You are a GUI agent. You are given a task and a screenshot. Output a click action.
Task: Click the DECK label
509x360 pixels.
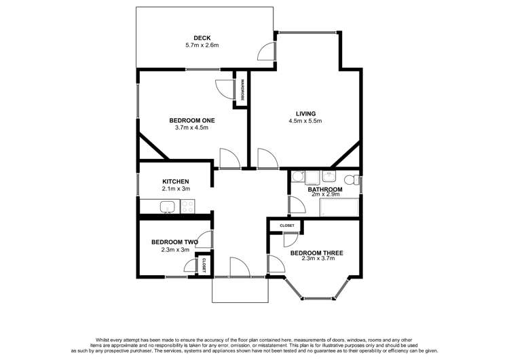[202, 37]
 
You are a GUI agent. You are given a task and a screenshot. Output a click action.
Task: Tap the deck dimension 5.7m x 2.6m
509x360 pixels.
[202, 46]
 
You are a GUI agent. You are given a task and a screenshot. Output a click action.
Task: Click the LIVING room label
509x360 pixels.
[305, 113]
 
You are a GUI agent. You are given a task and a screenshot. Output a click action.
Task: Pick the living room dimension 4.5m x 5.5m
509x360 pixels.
[305, 122]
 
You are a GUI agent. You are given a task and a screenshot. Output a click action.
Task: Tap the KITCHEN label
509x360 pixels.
[175, 181]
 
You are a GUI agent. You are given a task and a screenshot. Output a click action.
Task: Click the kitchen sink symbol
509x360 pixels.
[167, 206]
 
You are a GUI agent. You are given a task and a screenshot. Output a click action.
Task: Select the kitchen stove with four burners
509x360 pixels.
[187, 206]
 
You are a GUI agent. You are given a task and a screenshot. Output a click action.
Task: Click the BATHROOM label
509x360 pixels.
[324, 190]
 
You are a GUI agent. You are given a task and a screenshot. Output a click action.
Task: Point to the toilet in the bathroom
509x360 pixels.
[350, 180]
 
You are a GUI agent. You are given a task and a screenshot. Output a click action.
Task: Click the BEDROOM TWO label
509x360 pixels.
[174, 242]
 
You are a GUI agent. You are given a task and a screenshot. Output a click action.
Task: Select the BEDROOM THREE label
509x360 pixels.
[316, 253]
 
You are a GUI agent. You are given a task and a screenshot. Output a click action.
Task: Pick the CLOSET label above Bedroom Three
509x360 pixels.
[286, 226]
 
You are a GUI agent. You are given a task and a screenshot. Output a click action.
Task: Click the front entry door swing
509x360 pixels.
[240, 268]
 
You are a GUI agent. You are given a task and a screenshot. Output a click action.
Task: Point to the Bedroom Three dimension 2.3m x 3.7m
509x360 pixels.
[316, 261]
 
